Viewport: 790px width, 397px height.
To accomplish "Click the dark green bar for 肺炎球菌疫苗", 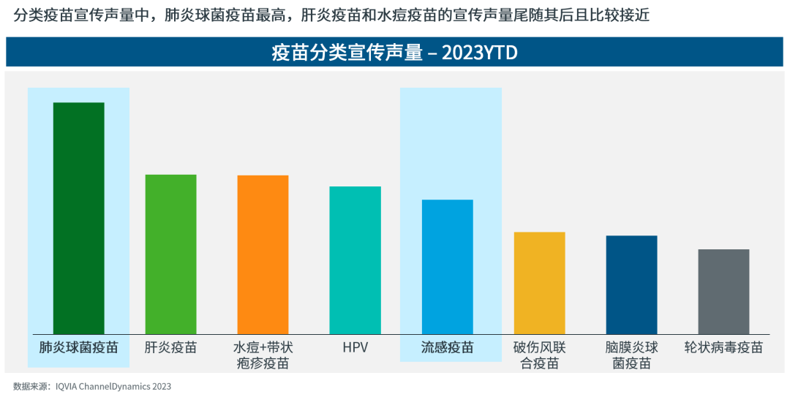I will point(79,218).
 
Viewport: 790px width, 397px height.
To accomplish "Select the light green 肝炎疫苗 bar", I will point(171,254).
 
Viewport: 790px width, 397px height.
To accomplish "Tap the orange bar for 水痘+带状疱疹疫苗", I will point(263,254).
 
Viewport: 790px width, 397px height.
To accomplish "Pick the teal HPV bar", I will point(355,260).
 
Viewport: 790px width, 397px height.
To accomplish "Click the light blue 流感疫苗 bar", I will point(447,266).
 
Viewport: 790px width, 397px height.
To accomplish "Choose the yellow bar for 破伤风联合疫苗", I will point(539,282).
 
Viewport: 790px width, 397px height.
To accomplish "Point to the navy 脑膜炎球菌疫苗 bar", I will point(631,284).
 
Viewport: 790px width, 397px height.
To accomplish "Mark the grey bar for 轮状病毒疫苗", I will point(723,291).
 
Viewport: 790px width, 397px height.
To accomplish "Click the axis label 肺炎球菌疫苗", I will point(79,347).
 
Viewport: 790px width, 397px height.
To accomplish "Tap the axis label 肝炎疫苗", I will point(171,347).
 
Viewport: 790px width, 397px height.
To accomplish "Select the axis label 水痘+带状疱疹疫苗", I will point(263,355).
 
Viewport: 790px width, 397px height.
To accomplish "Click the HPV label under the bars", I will point(355,347).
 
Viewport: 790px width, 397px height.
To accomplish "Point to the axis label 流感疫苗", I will point(447,347).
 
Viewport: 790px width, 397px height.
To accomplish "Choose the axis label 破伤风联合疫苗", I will point(539,355).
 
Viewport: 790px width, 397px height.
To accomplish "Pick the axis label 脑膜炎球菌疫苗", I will point(631,355).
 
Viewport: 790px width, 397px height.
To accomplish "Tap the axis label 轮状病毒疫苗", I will point(723,347).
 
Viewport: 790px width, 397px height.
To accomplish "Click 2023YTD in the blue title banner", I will point(479,53).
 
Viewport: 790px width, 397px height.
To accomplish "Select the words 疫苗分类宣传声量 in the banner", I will point(347,53).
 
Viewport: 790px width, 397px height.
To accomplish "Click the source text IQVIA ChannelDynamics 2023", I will point(113,386).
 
